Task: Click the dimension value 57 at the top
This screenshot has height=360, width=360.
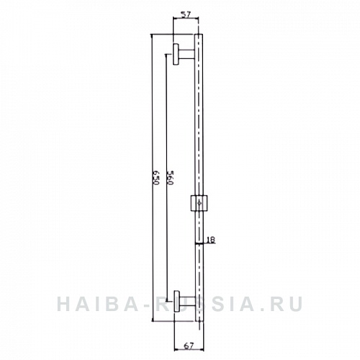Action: pyautogui.click(x=186, y=14)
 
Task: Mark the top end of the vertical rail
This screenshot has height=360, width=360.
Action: pyautogui.click(x=199, y=35)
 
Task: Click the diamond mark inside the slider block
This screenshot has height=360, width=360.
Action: pyautogui.click(x=198, y=204)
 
